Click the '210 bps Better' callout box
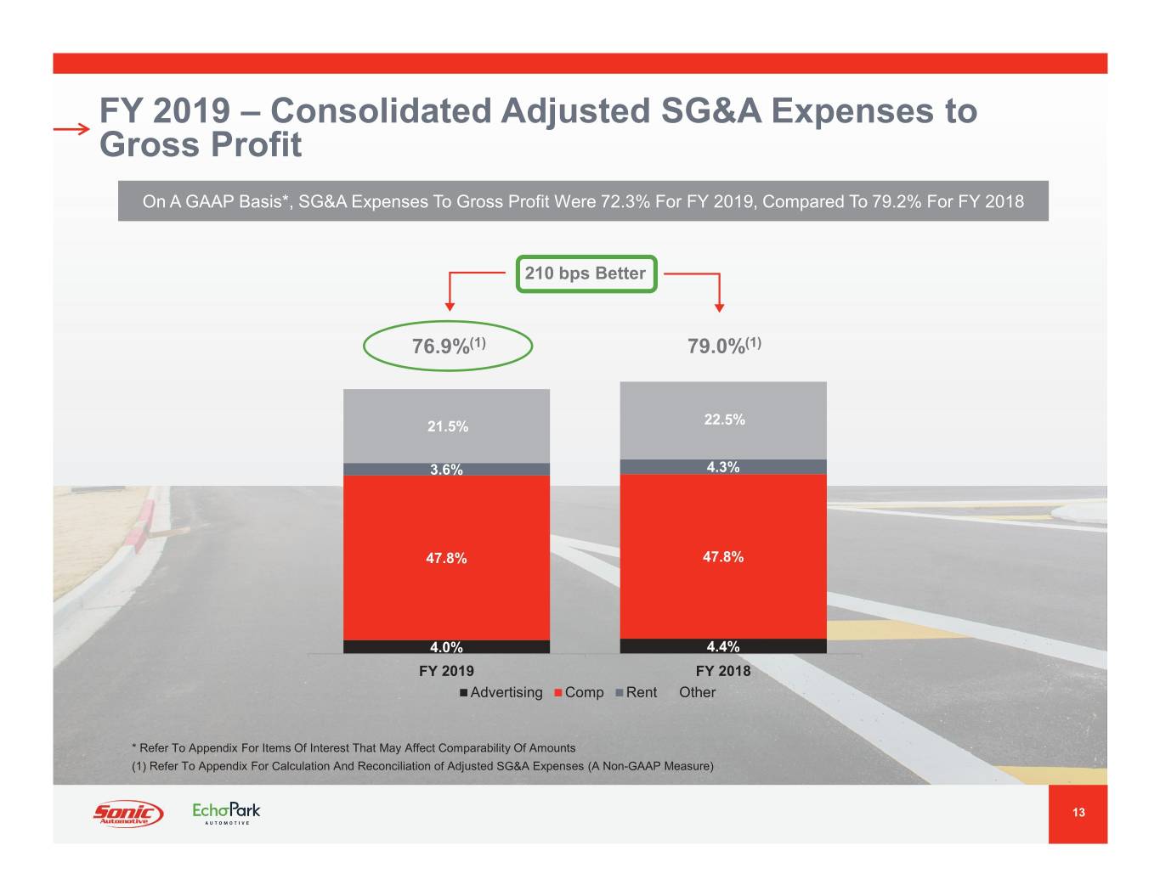586,273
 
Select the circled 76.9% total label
448,346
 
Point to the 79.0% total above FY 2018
724,345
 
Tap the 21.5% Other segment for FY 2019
447,426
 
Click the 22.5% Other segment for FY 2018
724,420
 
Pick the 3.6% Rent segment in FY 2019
447,469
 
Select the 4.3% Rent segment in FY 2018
723,467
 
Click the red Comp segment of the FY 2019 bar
447,558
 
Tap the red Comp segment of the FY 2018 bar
723,557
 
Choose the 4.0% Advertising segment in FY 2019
447,647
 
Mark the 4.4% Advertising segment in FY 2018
723,646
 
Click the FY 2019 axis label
447,671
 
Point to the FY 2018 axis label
723,671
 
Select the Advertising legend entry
501,693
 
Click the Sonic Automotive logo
127,814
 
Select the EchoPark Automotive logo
226,813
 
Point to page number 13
1078,813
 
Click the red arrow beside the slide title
71,129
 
